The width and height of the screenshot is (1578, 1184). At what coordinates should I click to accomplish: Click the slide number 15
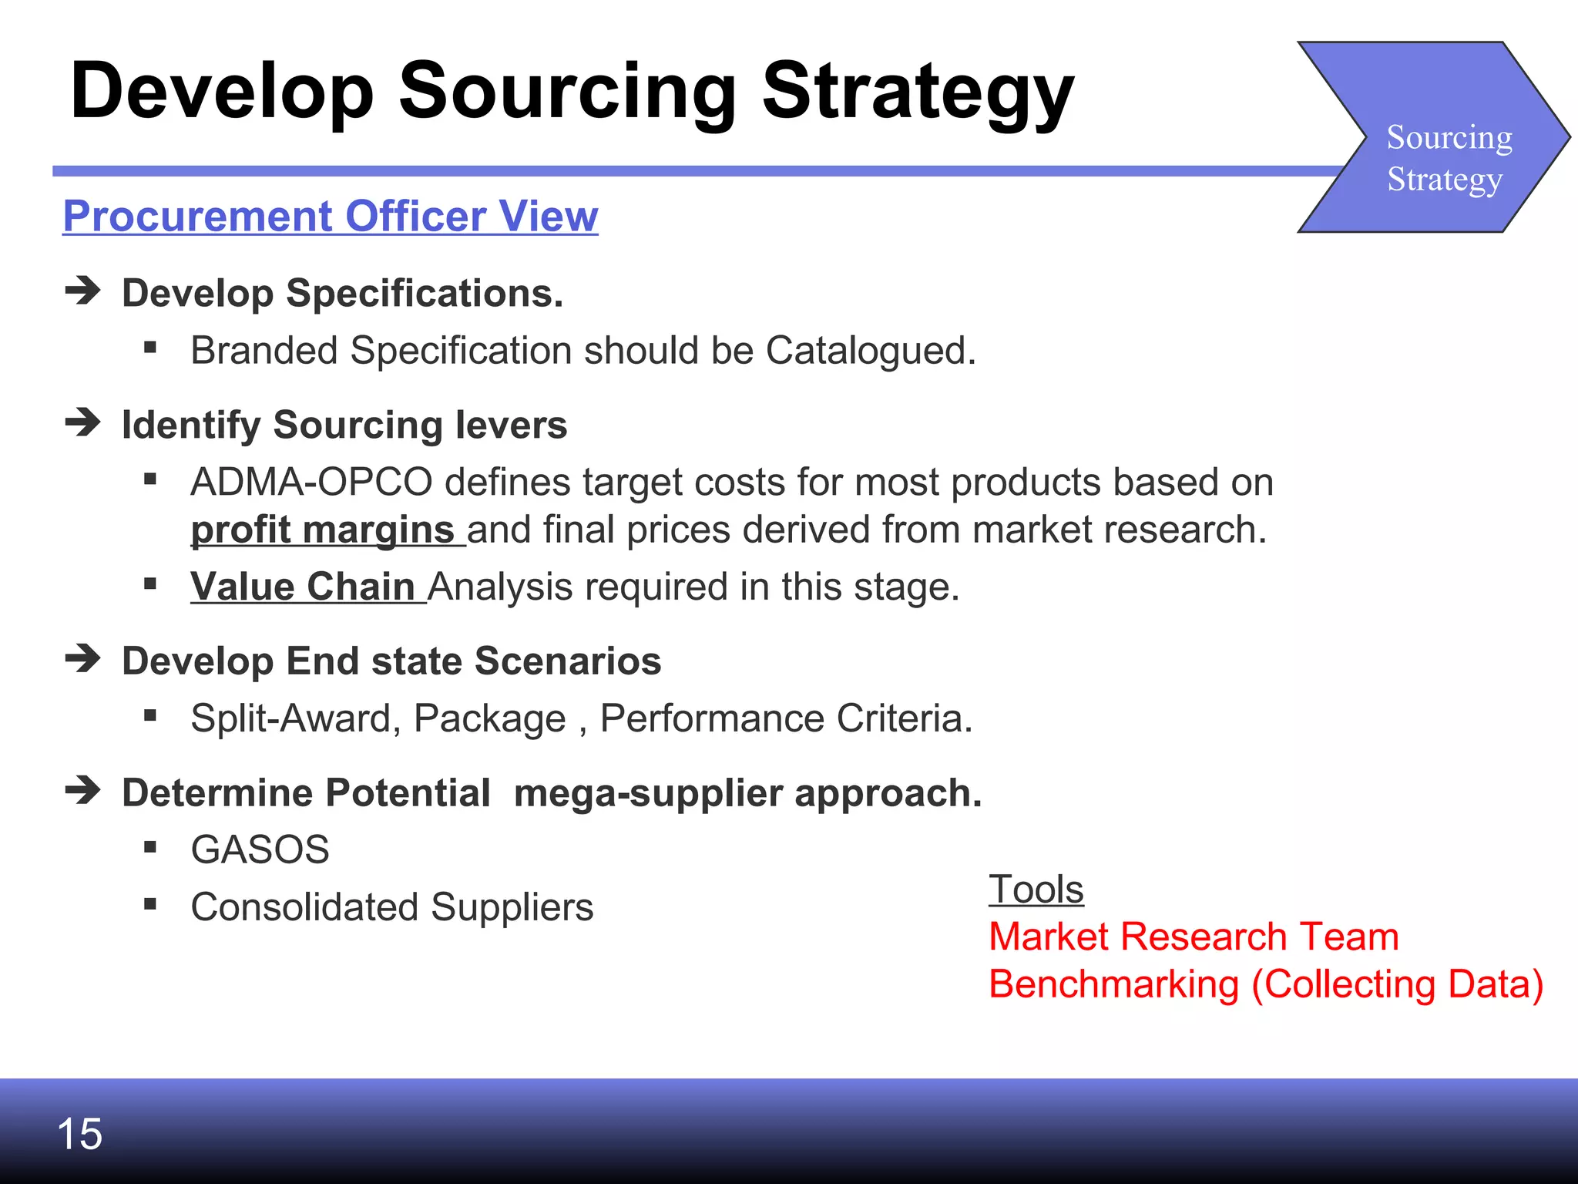[x=79, y=1134]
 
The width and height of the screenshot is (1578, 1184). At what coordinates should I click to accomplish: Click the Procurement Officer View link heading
[x=331, y=216]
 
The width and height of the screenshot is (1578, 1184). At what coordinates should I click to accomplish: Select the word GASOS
[x=260, y=849]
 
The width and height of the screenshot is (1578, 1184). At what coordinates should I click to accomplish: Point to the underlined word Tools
[x=1036, y=890]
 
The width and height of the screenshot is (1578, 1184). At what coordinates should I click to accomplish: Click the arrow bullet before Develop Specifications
[x=83, y=291]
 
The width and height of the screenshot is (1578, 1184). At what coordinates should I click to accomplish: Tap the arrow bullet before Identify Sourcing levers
[x=83, y=422]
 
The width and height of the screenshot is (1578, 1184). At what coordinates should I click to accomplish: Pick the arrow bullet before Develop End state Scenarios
[x=83, y=658]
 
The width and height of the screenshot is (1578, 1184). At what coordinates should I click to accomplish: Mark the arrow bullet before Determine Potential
[x=83, y=790]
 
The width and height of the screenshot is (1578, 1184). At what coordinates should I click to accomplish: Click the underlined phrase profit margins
[x=323, y=530]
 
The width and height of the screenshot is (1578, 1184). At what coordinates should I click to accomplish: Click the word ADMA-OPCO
[x=311, y=483]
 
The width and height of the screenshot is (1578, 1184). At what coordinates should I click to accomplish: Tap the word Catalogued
[x=871, y=351]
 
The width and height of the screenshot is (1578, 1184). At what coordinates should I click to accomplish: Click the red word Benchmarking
[x=1113, y=984]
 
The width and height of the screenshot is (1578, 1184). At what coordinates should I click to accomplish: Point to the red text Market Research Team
[x=1194, y=937]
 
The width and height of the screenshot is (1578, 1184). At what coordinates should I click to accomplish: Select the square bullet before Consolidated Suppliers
[x=150, y=904]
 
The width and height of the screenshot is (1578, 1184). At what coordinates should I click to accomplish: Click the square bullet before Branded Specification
[x=150, y=348]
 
